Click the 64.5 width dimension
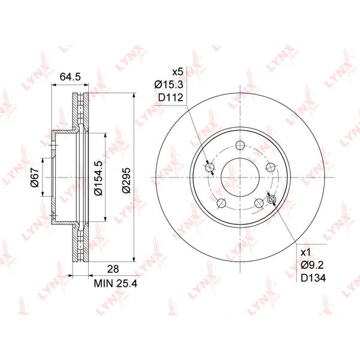pos(70,76)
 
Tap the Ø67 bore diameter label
pos(35,177)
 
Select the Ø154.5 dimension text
pos(98,178)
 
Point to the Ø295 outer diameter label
pos(126,180)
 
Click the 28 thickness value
pos(113,269)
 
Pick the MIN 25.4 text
pos(115,284)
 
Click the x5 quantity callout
pos(178,72)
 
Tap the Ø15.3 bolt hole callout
pos(169,85)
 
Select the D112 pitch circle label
pos(171,98)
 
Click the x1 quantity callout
pos(305,253)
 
